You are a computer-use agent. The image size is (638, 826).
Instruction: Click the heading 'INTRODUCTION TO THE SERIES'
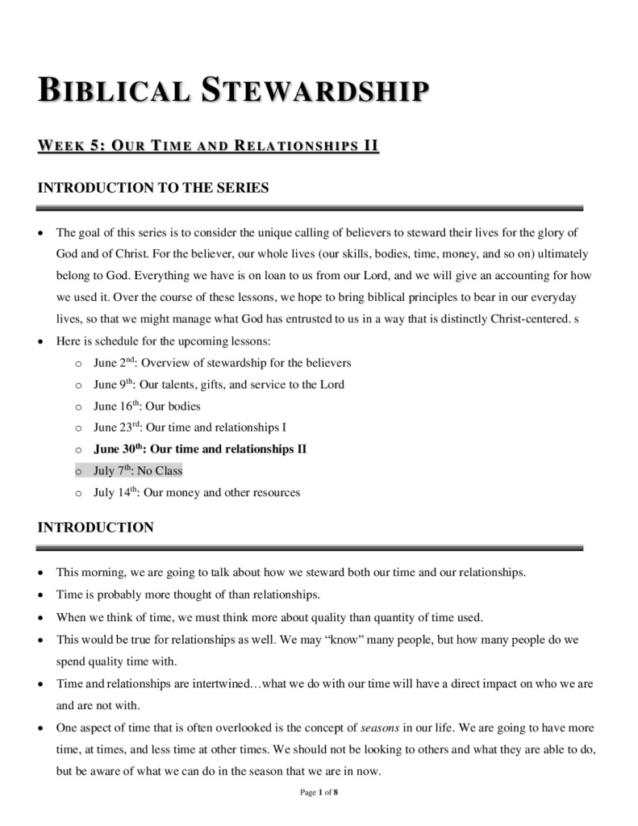(x=153, y=188)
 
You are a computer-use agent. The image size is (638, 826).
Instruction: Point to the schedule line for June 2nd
(x=222, y=363)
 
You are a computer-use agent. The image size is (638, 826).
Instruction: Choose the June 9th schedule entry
(x=219, y=385)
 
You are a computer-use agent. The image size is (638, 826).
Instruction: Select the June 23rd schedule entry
(x=190, y=428)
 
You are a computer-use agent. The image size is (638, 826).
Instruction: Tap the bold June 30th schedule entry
(x=200, y=448)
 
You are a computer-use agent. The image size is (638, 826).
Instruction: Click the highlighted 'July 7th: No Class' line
(x=138, y=470)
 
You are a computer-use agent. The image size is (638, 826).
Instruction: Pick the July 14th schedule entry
(x=197, y=492)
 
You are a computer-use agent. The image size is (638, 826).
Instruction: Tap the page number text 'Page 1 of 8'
(x=319, y=793)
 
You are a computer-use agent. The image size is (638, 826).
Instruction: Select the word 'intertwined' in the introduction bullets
(x=222, y=683)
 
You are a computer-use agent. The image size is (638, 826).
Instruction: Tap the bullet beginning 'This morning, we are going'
(x=290, y=573)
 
